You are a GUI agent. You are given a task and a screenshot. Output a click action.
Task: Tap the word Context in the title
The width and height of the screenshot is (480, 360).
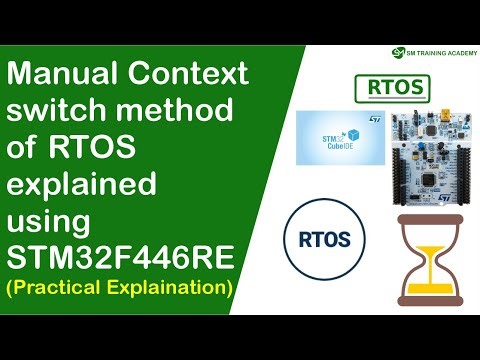point(191,75)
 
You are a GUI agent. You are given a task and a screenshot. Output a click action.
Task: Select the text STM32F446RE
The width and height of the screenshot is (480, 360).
point(121,260)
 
